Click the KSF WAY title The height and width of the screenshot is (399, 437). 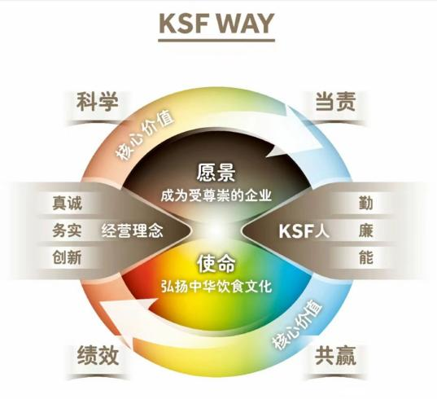click(x=216, y=23)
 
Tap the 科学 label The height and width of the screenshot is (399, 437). click(x=98, y=102)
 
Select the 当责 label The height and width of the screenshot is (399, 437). click(x=335, y=102)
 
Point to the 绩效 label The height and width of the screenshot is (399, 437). click(x=98, y=355)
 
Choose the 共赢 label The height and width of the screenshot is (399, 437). click(x=335, y=355)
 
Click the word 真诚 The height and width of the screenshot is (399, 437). click(x=67, y=203)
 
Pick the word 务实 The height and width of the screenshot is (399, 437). click(x=67, y=230)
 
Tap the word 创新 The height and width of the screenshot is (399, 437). click(x=67, y=257)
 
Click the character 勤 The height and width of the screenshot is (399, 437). click(x=365, y=203)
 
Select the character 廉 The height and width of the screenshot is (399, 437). click(x=365, y=230)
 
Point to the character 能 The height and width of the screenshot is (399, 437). click(x=365, y=257)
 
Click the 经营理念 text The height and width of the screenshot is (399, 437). click(x=132, y=231)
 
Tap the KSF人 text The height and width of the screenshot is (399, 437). click(x=304, y=231)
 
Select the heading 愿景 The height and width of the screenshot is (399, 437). click(x=216, y=173)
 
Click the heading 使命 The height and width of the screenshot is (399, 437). click(x=216, y=264)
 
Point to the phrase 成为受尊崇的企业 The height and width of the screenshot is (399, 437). click(x=216, y=195)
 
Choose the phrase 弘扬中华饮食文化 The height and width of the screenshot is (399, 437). click(x=216, y=287)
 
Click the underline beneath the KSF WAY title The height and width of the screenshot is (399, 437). click(x=216, y=41)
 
